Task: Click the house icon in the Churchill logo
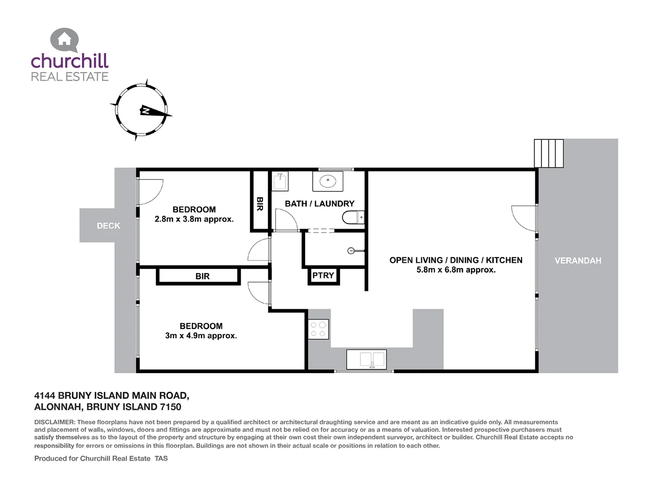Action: (64, 40)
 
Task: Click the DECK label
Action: (108, 225)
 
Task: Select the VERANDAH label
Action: (578, 260)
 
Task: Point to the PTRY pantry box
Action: (323, 276)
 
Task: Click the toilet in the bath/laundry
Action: (353, 217)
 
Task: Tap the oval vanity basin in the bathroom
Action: (328, 181)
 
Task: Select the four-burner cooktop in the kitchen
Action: (318, 329)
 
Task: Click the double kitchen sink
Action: (366, 359)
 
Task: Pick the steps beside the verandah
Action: (549, 153)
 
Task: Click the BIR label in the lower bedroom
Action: (202, 276)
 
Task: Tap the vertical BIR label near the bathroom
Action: (260, 204)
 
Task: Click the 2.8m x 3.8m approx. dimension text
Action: (194, 220)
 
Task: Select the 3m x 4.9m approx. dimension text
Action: (201, 336)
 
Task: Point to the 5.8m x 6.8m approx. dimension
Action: (456, 270)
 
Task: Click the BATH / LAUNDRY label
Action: (320, 203)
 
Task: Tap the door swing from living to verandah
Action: (524, 218)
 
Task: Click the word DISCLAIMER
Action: (54, 422)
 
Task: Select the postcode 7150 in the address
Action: (170, 407)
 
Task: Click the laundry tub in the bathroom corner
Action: (279, 181)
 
